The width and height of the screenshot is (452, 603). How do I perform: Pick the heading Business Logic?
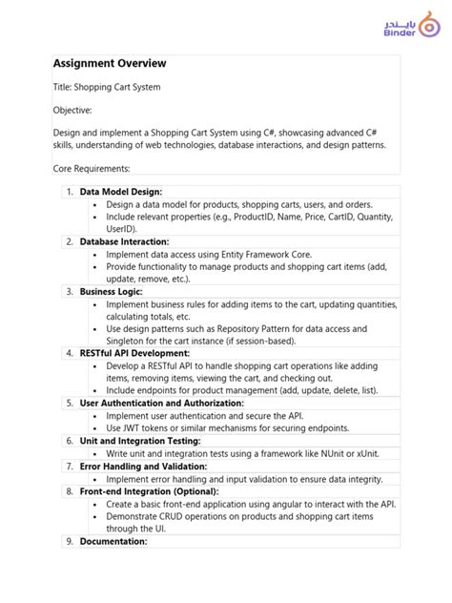point(111,291)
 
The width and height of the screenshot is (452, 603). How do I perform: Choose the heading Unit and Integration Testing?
point(139,441)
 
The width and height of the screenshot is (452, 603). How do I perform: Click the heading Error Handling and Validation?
point(143,466)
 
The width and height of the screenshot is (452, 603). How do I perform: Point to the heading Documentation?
point(113,541)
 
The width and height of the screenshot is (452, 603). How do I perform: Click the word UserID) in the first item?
point(122,229)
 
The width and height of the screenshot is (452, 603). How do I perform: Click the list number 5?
point(69,403)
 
